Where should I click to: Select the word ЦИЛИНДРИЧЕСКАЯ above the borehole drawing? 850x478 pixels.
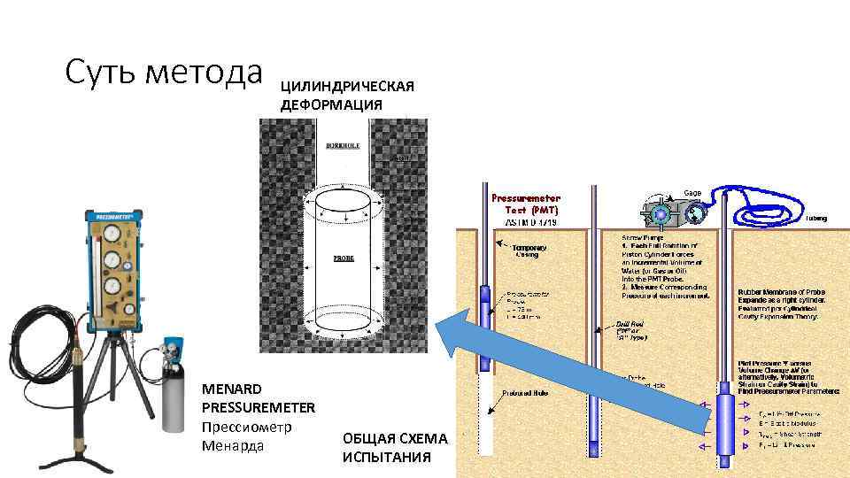tap(348, 87)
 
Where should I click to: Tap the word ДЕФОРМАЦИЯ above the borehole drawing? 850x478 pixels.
tap(332, 104)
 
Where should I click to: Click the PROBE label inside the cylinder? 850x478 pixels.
tap(344, 258)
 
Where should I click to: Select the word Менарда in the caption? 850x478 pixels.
tap(233, 445)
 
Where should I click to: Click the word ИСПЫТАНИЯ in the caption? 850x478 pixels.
tap(386, 458)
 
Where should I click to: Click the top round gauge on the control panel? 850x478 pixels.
tap(112, 231)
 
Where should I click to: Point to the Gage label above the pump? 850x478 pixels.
tap(694, 192)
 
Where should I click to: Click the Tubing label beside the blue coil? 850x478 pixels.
tap(815, 219)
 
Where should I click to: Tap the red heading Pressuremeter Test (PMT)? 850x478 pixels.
tap(526, 204)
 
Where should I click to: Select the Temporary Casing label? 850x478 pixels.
tap(529, 251)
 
